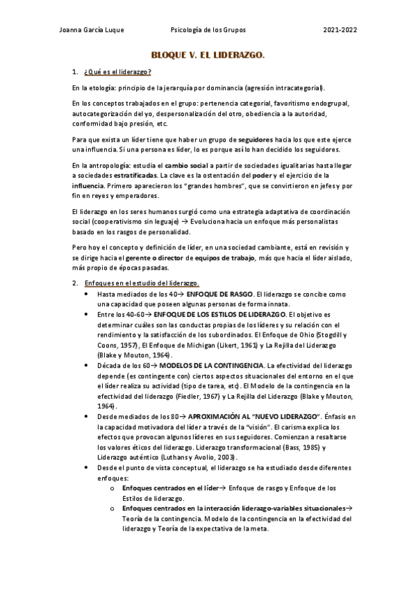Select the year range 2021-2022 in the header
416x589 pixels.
point(340,31)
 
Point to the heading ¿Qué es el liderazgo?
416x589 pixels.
point(117,72)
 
